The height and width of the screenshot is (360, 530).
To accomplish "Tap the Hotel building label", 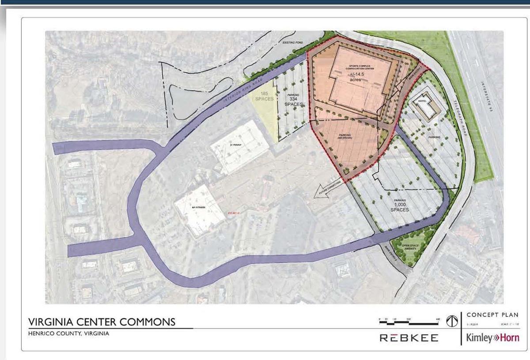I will pos(421,101).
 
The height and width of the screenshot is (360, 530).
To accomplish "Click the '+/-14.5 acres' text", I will pos(353,77).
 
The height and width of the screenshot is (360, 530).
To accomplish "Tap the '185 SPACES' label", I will pos(264,96).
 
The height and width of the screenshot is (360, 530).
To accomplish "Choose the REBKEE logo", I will pos(409,338).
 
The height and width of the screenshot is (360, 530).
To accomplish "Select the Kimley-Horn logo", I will pos(492,338).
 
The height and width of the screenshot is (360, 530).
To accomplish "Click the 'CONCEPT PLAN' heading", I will pos(492,315).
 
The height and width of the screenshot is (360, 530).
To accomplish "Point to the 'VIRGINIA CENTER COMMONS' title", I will pos(102,322).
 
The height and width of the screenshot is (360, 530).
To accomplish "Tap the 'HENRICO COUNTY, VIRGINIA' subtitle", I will pos(68,333).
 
